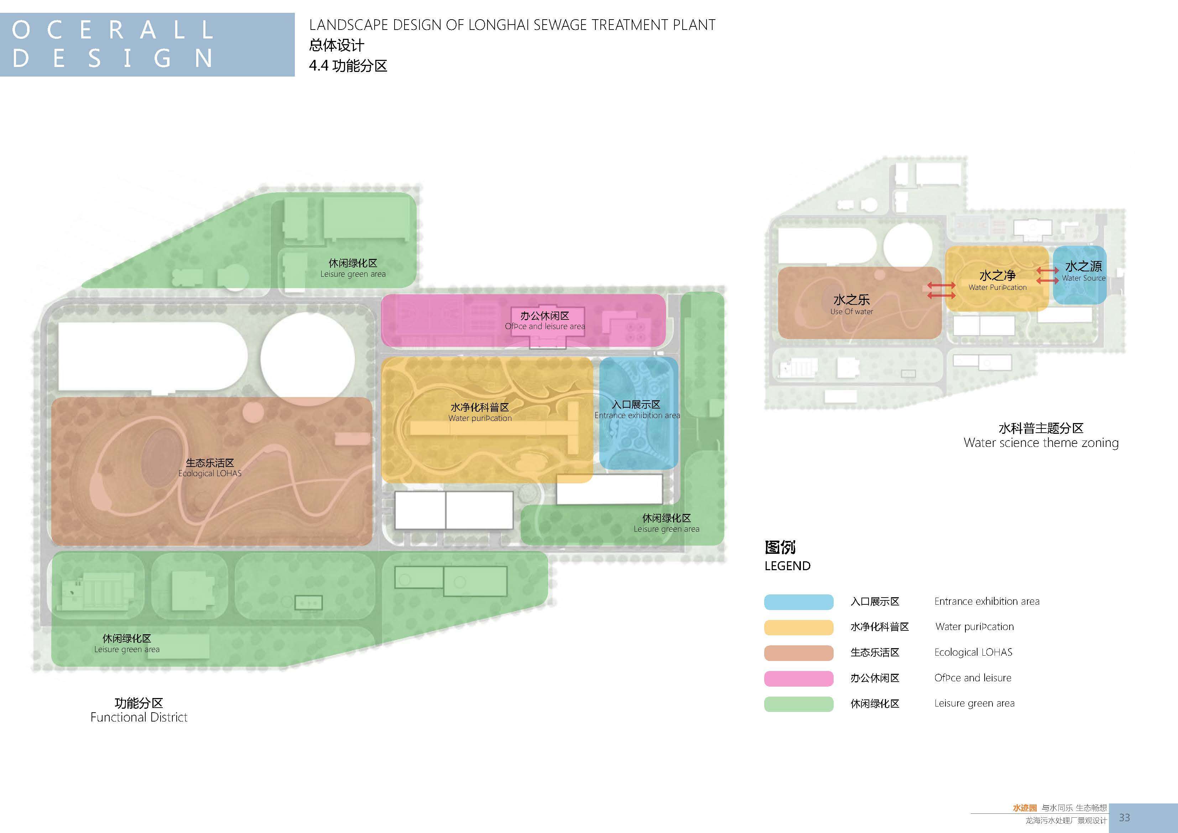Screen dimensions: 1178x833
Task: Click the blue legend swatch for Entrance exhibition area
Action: pyautogui.click(x=798, y=602)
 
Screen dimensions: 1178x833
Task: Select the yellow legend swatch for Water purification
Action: pyautogui.click(x=798, y=627)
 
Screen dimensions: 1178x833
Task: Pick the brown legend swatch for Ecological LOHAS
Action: pyautogui.click(x=798, y=653)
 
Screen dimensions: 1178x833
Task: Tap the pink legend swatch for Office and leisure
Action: pyautogui.click(x=798, y=678)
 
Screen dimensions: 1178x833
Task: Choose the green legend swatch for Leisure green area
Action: pyautogui.click(x=798, y=704)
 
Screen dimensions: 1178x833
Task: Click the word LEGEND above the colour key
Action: pyautogui.click(x=788, y=566)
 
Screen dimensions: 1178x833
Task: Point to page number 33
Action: pyautogui.click(x=1124, y=817)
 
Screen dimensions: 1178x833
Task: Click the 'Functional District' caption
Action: pyautogui.click(x=139, y=717)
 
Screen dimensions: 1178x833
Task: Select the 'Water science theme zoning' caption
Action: pyautogui.click(x=1041, y=443)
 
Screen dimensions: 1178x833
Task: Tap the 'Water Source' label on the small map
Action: pyautogui.click(x=1084, y=278)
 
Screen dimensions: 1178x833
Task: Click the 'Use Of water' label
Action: pyautogui.click(x=852, y=312)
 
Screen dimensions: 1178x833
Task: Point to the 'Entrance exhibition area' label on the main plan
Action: pyautogui.click(x=637, y=415)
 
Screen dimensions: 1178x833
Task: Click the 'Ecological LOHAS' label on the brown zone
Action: pyautogui.click(x=210, y=473)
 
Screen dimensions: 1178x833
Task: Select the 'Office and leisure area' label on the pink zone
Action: pyautogui.click(x=545, y=327)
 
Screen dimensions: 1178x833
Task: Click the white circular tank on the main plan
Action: pyautogui.click(x=307, y=359)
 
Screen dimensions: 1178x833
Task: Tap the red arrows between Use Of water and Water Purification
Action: pyautogui.click(x=941, y=291)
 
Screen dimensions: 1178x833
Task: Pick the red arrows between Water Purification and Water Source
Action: pyautogui.click(x=1047, y=275)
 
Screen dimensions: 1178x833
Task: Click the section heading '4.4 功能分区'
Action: pyautogui.click(x=348, y=66)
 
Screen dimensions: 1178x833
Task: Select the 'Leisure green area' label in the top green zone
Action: pyautogui.click(x=353, y=274)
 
